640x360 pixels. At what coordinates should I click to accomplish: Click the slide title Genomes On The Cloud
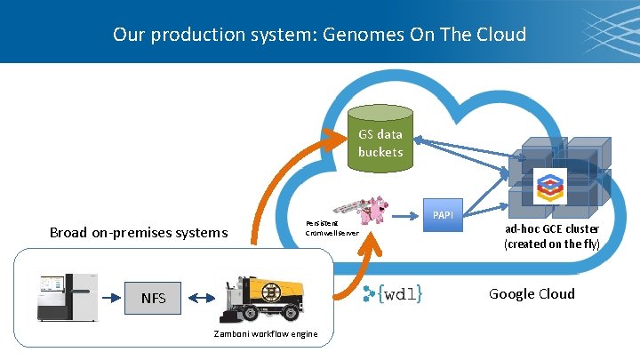tap(319, 35)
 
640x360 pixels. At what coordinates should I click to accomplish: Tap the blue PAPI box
tap(442, 215)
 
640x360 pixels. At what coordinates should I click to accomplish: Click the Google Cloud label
tap(532, 294)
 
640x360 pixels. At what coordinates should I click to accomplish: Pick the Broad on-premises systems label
tap(139, 233)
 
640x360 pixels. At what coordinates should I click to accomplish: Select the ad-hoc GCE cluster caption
tap(551, 236)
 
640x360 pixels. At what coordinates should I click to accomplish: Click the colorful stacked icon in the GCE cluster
tap(550, 187)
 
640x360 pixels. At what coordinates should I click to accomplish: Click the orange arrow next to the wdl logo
tap(351, 276)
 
